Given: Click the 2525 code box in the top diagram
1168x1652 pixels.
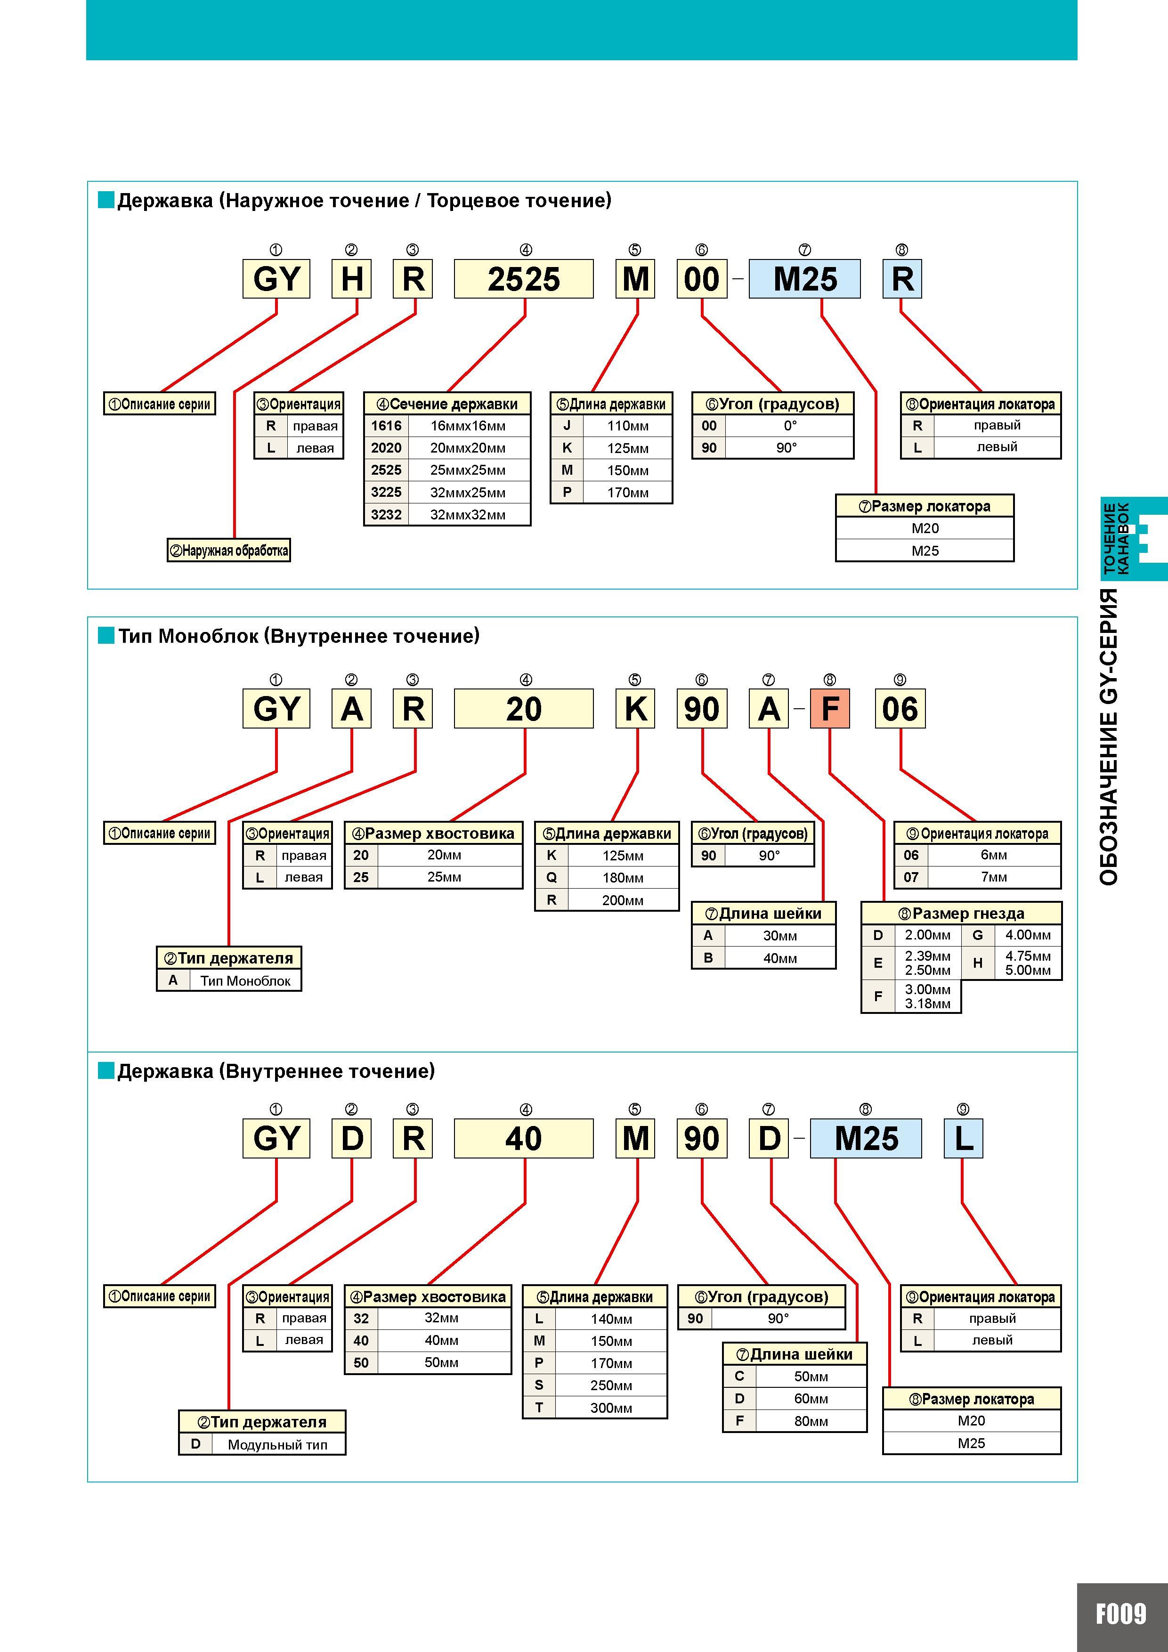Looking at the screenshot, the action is [x=523, y=278].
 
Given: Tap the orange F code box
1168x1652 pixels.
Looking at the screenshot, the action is [x=830, y=709].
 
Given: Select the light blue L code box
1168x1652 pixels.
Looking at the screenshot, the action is [x=963, y=1138].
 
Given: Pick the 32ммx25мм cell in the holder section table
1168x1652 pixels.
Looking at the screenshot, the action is [x=469, y=492].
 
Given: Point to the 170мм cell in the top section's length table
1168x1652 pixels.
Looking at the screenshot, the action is [x=627, y=492].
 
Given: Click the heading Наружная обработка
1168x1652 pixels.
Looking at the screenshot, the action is [x=229, y=551].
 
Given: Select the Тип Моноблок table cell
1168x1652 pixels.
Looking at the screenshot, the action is [x=245, y=980].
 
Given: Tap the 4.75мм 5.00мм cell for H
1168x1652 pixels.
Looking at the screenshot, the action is [x=1028, y=963].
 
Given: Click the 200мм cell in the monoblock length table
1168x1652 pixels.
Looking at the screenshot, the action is [x=623, y=900].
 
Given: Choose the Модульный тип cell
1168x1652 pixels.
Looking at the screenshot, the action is [x=278, y=1444].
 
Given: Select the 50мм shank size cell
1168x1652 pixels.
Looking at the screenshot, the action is [x=442, y=1362].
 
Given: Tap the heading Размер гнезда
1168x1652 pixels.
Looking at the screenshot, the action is [x=961, y=914].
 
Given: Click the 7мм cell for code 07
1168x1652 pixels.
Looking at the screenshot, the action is [x=994, y=877].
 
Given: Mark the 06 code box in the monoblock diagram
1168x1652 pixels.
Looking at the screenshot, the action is [x=900, y=709].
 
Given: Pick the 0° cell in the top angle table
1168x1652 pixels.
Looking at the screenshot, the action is [x=790, y=425].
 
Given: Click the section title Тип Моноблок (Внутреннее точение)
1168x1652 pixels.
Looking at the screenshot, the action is [x=299, y=636].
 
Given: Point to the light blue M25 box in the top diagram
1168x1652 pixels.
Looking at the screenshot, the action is [x=804, y=278].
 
